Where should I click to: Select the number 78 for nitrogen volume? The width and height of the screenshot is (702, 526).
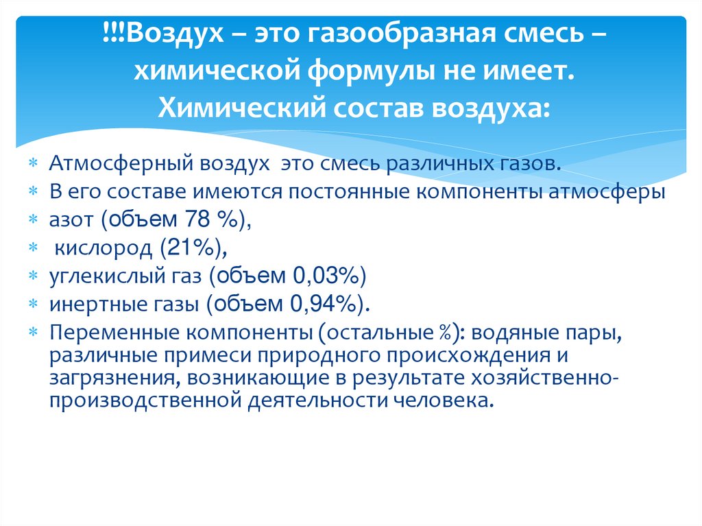click(x=184, y=219)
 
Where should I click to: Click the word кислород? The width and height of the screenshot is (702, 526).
click(x=94, y=248)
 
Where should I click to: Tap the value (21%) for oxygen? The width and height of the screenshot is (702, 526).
click(x=181, y=248)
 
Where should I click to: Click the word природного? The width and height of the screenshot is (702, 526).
click(x=343, y=357)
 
